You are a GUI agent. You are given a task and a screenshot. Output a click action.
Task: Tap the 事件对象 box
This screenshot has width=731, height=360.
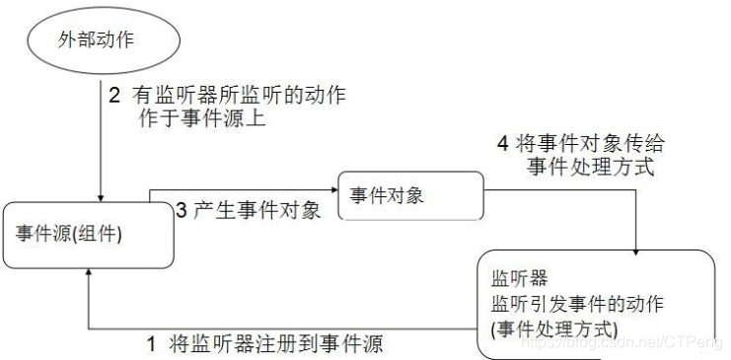(x=410, y=195)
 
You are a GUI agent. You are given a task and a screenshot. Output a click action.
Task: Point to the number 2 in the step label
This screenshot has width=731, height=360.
(x=114, y=98)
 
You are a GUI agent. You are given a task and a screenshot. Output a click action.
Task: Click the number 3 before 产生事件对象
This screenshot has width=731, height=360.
(x=181, y=210)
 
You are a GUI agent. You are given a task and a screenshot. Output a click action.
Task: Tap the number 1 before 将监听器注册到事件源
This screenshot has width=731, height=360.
(x=151, y=344)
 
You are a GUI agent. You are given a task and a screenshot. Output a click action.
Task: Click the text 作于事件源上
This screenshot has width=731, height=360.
(x=201, y=119)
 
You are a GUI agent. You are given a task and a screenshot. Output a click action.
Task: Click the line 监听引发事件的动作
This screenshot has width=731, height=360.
(x=576, y=304)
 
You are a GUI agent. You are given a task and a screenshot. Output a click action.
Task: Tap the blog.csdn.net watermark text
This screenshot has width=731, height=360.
(x=623, y=343)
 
